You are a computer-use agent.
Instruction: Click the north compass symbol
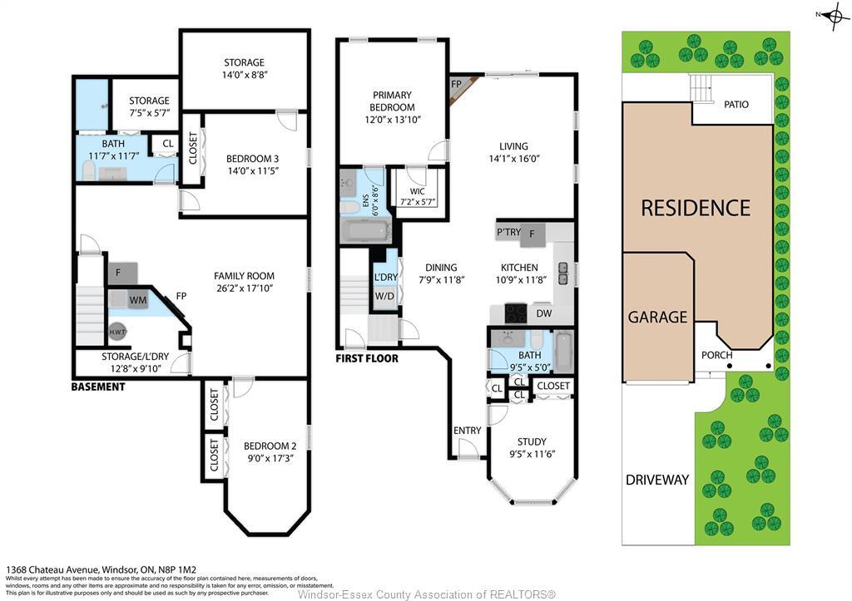(834, 17)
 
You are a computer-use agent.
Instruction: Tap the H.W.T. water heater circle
(117, 332)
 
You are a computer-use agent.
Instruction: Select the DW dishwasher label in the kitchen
(544, 313)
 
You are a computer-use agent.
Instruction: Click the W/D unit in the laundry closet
(385, 296)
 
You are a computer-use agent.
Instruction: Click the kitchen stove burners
(516, 313)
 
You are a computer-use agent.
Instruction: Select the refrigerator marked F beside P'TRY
(532, 235)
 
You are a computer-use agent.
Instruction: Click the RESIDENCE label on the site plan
(696, 207)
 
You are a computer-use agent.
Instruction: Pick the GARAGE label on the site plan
(657, 317)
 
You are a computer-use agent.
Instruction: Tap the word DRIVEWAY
(657, 480)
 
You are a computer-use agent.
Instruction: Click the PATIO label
(736, 105)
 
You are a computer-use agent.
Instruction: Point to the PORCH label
(716, 355)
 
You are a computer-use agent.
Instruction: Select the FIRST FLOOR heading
(367, 359)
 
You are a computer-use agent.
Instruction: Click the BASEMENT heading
(98, 387)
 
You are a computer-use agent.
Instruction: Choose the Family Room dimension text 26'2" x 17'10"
(244, 288)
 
